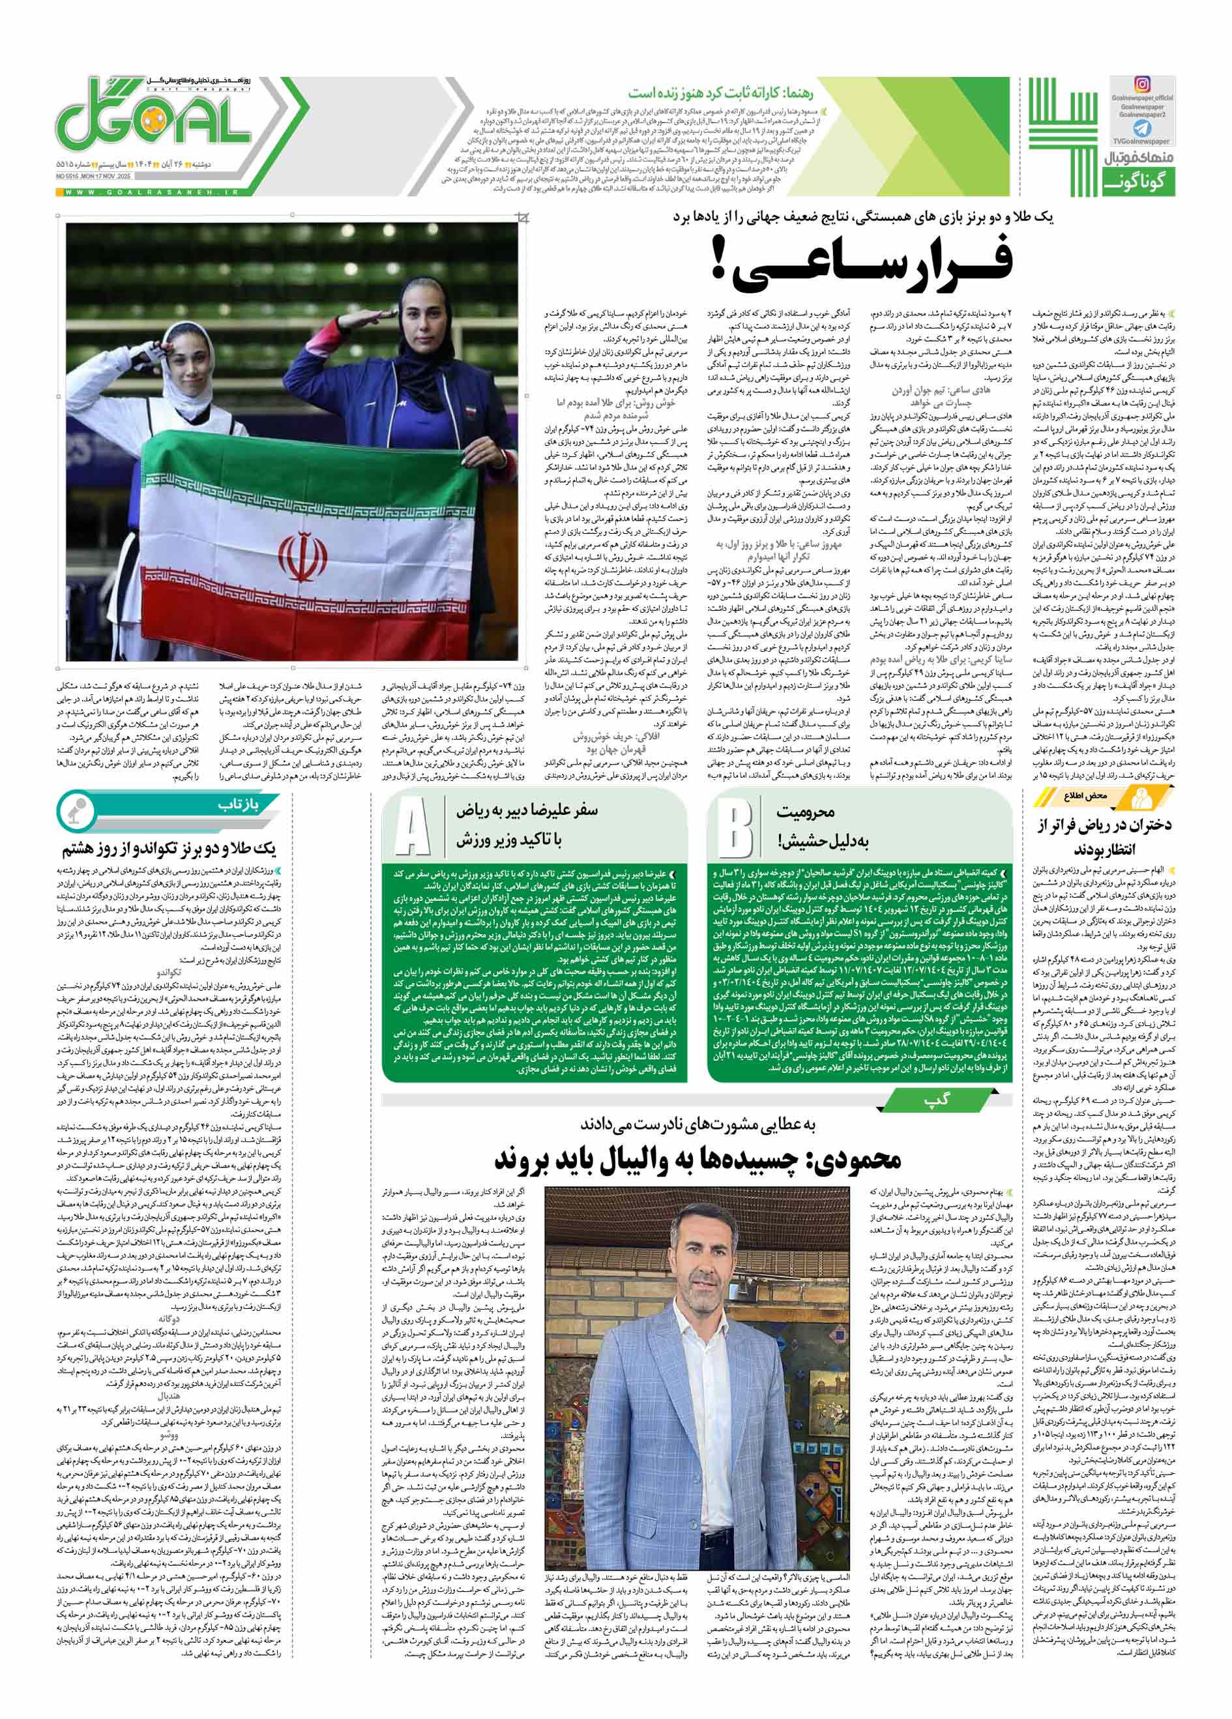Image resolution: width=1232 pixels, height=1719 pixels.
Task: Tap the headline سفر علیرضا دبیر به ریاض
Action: [526, 825]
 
